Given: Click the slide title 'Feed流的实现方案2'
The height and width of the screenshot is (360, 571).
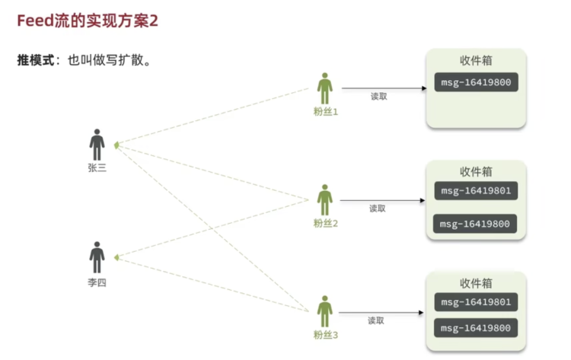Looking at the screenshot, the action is [88, 21].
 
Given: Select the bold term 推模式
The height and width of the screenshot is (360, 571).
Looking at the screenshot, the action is [36, 60].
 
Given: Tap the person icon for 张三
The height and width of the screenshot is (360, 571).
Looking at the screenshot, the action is [97, 145].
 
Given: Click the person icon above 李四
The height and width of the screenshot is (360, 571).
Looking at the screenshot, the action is [97, 257].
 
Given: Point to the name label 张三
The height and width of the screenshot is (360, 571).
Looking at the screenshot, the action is [97, 167].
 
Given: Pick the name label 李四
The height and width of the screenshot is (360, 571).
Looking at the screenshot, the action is [97, 282].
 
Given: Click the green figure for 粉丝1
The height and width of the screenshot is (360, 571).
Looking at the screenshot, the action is [325, 88].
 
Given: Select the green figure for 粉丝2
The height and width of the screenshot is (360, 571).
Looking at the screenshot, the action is [325, 200].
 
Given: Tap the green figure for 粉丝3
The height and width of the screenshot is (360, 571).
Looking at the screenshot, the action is [325, 311].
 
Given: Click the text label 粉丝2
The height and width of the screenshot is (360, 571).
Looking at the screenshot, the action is [326, 223].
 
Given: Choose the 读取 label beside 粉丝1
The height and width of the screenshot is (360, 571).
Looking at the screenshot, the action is [378, 97].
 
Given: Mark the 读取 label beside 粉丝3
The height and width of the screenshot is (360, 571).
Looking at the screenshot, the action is [376, 320].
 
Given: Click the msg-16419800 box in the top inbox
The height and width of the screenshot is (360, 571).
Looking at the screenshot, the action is [477, 82].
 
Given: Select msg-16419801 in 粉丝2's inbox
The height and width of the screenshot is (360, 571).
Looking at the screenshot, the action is [476, 191].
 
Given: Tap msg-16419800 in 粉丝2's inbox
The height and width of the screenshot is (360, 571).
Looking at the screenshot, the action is [475, 224].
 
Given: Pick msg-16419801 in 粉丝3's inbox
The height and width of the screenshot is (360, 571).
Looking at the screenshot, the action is [476, 302].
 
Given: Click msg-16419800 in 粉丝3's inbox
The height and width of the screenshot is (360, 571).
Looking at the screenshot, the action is [476, 328].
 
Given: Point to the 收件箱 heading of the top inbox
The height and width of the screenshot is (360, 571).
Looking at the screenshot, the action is [476, 60].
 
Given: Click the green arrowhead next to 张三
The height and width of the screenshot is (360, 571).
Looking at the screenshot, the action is [116, 145].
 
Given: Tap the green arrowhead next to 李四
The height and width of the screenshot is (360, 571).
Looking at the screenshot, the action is [116, 258].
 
